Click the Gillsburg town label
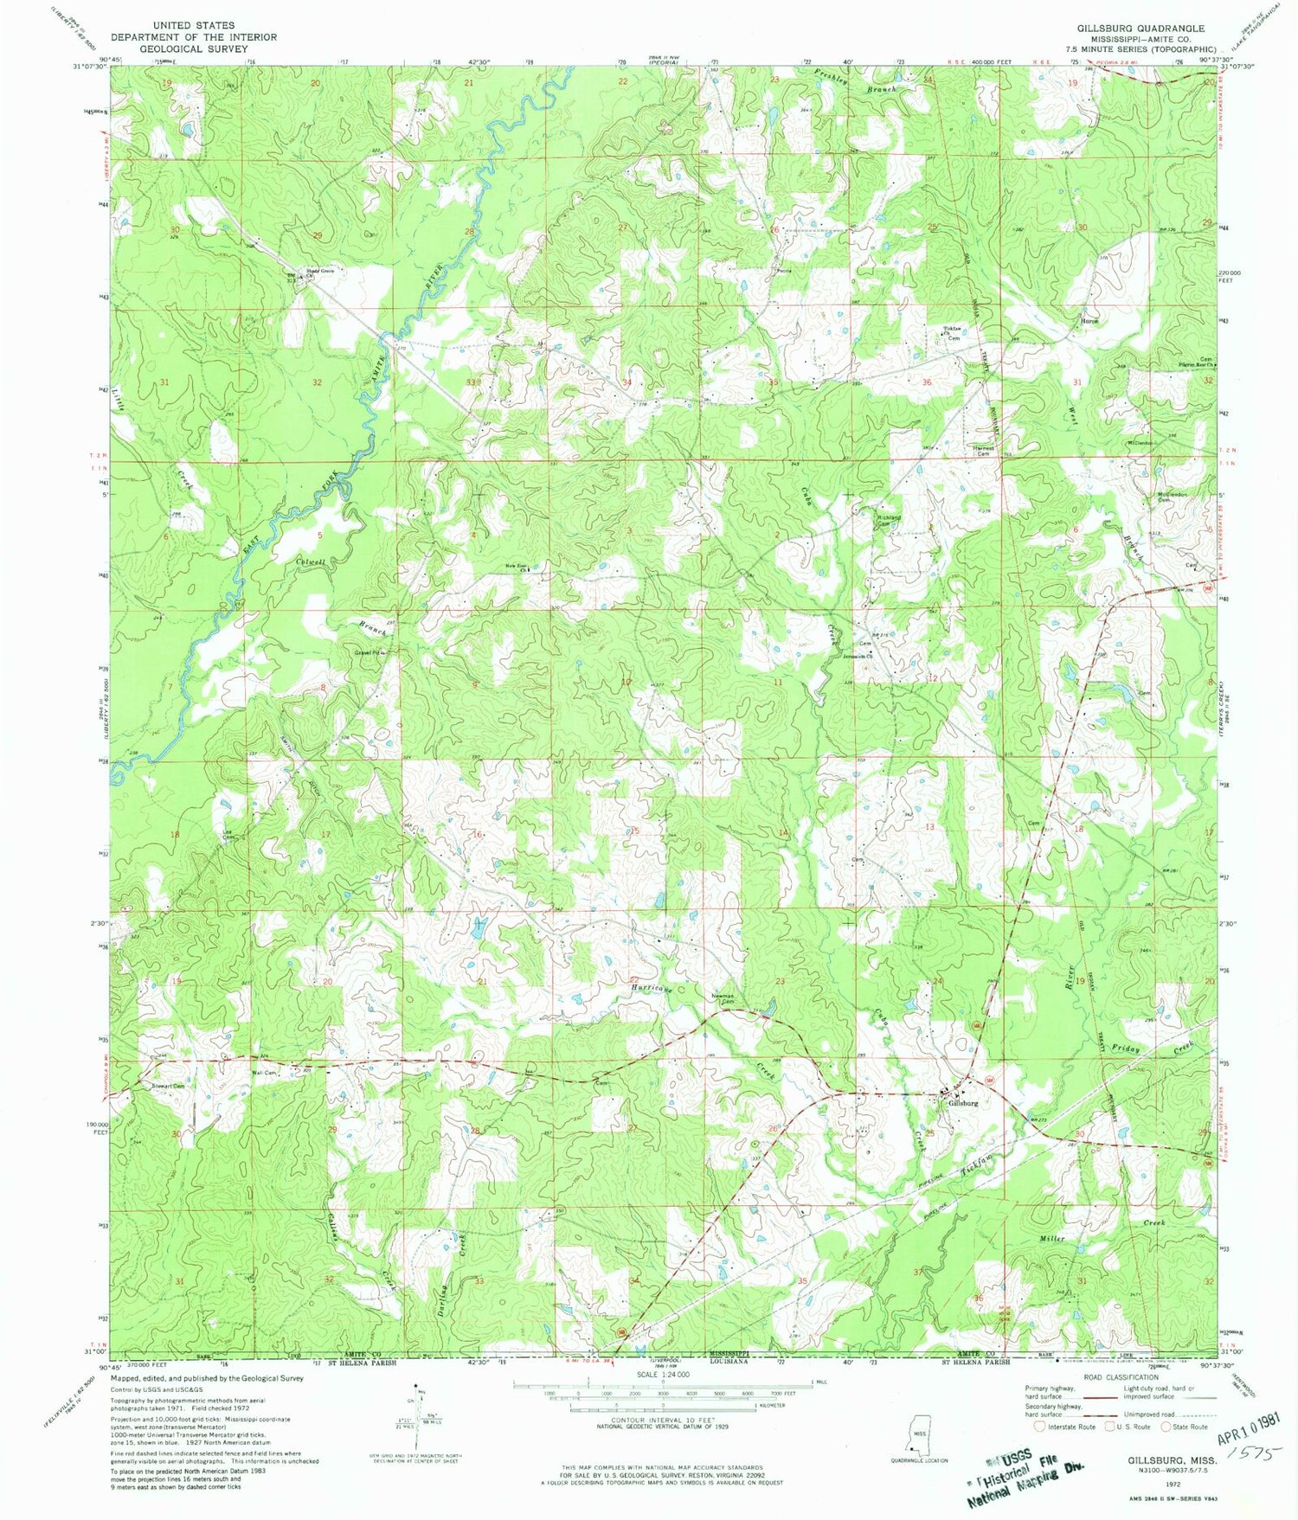(x=963, y=1103)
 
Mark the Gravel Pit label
(x=367, y=652)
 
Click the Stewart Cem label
(x=168, y=1086)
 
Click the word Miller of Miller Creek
(x=1051, y=1238)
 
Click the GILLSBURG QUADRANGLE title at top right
(x=1140, y=29)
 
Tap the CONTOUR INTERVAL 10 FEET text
(x=663, y=1421)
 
